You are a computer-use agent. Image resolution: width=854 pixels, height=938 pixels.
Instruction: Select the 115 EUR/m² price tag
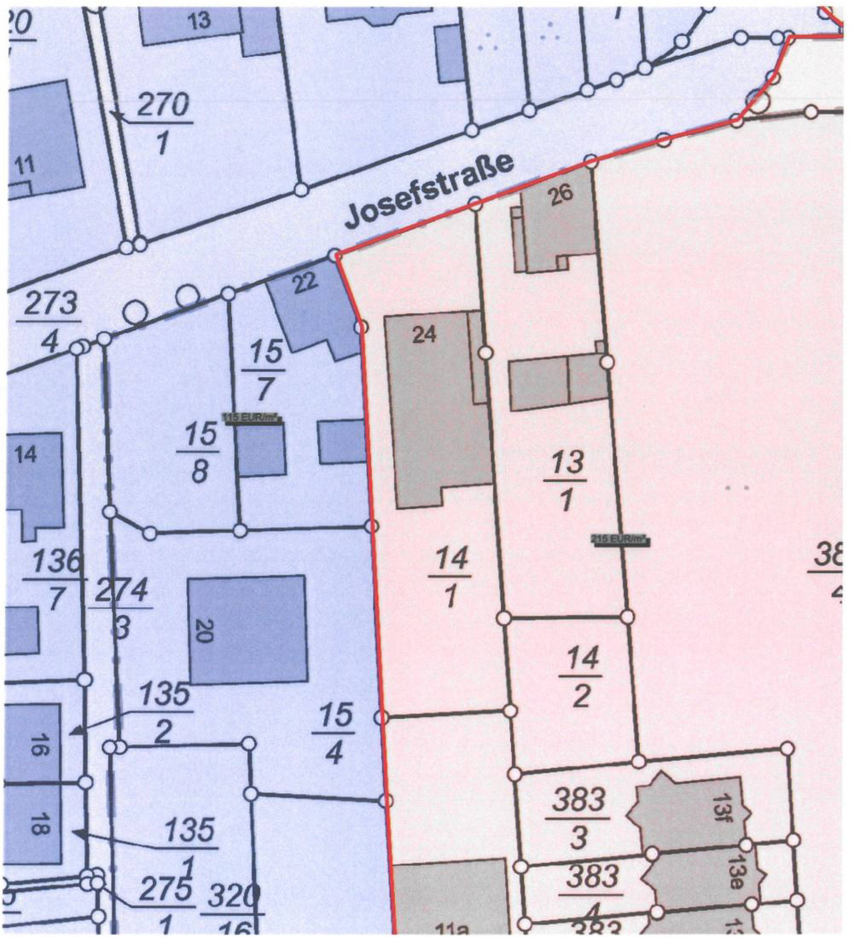point(254,418)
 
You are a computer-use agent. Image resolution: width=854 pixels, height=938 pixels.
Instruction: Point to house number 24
point(424,335)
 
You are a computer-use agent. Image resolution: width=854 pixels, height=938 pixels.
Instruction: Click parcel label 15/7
point(264,371)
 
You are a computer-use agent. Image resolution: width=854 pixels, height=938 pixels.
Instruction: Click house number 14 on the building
point(26,455)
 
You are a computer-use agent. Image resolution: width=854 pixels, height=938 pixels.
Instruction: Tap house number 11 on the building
point(25,166)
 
